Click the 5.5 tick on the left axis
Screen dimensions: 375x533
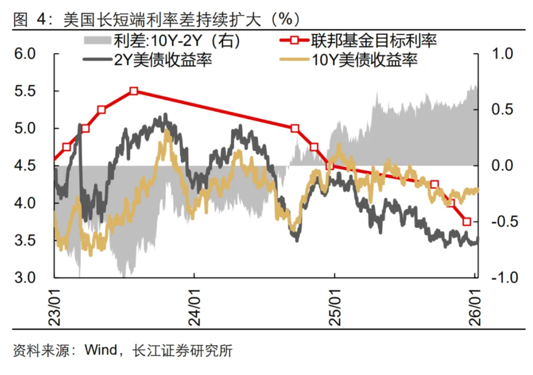[x=23, y=92]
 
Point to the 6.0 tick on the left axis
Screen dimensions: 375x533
[x=23, y=54]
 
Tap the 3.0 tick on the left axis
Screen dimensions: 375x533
[x=23, y=278]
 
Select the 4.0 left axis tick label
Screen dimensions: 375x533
[x=23, y=203]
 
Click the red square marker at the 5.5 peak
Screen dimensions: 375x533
[x=134, y=91]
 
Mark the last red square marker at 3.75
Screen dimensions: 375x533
[x=467, y=222]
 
